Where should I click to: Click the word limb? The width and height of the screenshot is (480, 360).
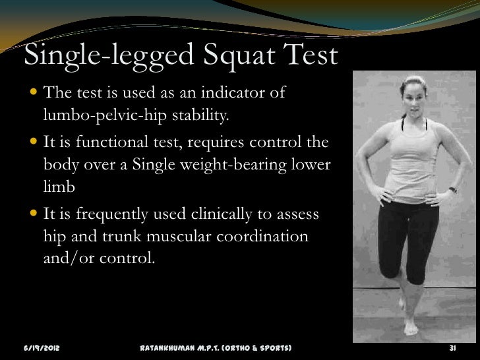click(x=59, y=187)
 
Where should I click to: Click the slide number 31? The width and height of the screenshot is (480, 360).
click(x=453, y=347)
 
